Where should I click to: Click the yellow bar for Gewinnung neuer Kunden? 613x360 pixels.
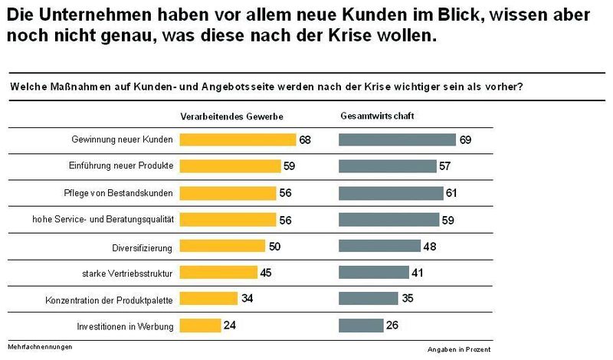pyautogui.click(x=238, y=139)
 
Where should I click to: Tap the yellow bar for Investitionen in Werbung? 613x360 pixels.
pyautogui.click(x=200, y=326)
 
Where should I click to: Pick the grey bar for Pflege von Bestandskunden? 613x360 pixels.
pyautogui.click(x=391, y=192)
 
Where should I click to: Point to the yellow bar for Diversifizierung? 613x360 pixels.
pyautogui.click(x=222, y=246)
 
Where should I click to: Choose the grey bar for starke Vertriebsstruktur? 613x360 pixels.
pyautogui.click(x=374, y=272)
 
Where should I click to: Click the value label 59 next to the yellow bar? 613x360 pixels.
pyautogui.click(x=290, y=166)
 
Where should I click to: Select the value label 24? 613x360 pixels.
pyautogui.click(x=229, y=326)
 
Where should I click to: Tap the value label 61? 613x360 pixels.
pyautogui.click(x=452, y=193)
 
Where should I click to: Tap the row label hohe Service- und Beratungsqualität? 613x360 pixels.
pyautogui.click(x=103, y=219)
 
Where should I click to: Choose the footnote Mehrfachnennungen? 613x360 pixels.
pyautogui.click(x=40, y=347)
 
